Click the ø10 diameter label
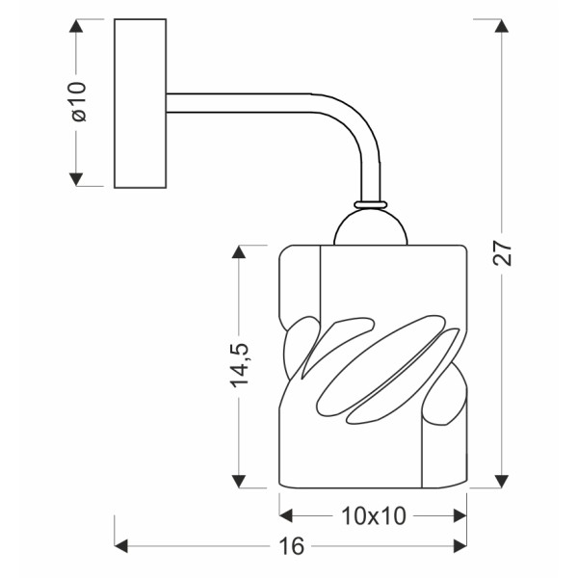(x=79, y=102)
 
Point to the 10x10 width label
(x=373, y=515)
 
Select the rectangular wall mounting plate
(x=141, y=102)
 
